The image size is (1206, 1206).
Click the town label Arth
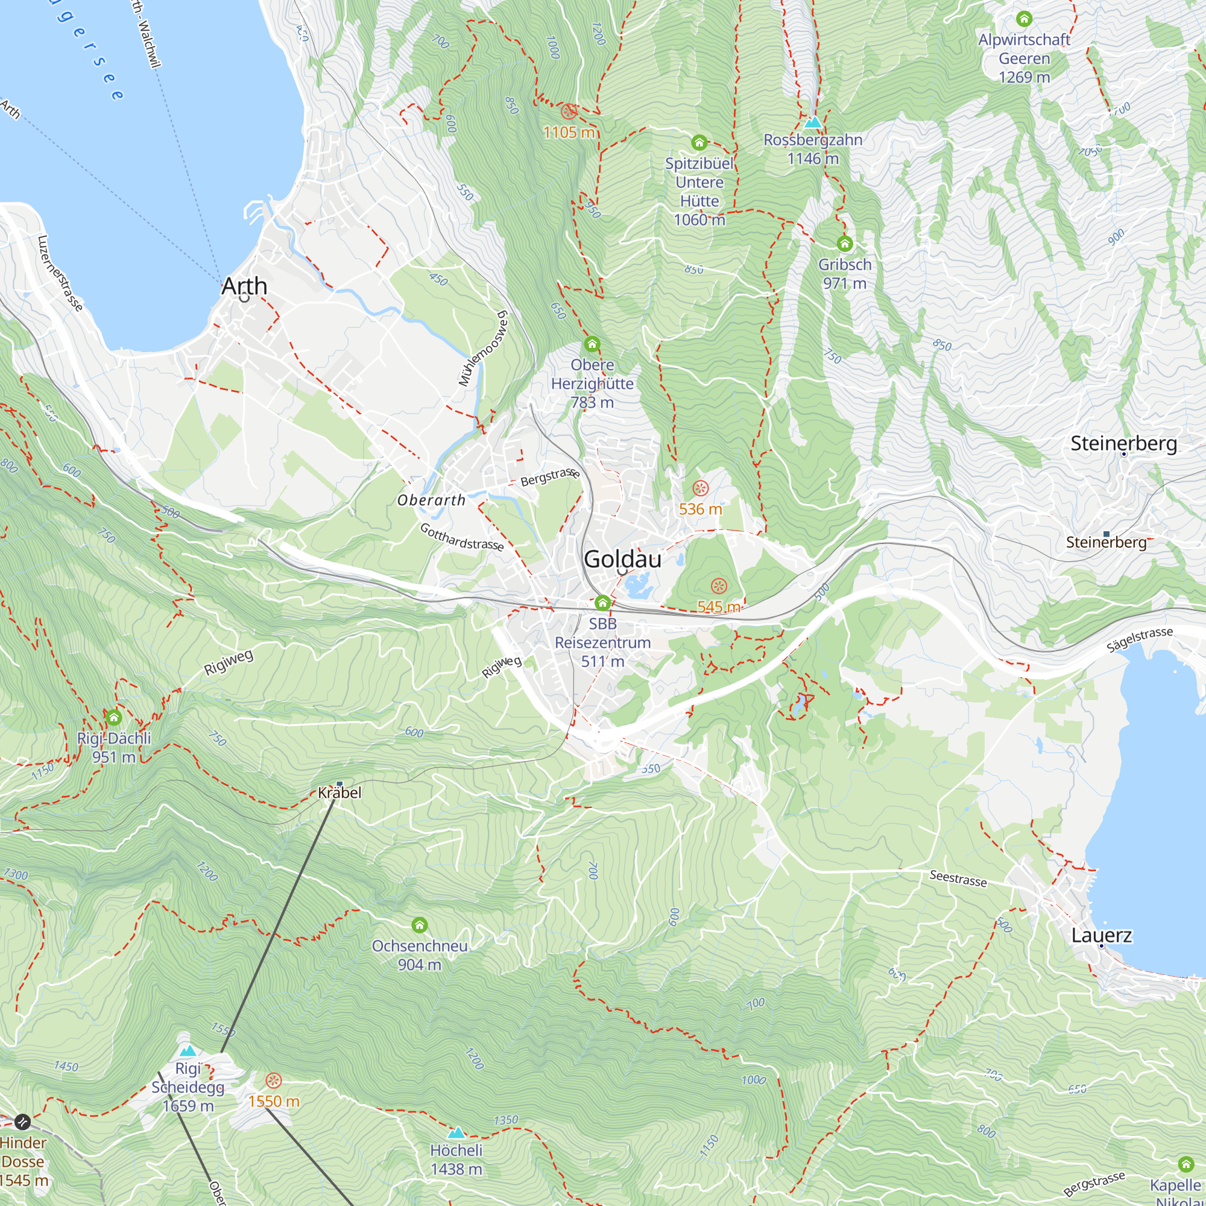[244, 286]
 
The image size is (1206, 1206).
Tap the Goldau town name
[622, 559]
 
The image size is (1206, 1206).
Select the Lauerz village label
[1102, 935]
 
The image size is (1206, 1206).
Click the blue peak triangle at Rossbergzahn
[813, 122]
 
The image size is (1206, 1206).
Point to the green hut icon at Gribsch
[845, 244]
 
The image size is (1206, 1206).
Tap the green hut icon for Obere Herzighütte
[592, 344]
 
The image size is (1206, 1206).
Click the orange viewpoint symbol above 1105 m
[568, 112]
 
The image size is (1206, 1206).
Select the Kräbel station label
[339, 792]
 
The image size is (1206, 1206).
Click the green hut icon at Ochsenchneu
[420, 924]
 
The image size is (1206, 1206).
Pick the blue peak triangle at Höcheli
[456, 1132]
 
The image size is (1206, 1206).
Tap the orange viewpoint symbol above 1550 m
[273, 1081]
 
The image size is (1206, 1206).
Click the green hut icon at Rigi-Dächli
[113, 717]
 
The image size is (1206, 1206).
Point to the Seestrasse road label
[958, 879]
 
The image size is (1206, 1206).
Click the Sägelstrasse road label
[1139, 640]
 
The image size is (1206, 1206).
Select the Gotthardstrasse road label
[462, 537]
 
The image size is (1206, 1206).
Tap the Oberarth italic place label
[431, 500]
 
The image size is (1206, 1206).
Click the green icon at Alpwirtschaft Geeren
[1024, 19]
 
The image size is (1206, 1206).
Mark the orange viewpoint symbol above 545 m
[719, 586]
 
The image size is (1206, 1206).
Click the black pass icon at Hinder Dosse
[22, 1122]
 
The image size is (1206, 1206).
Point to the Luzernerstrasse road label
[60, 273]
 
